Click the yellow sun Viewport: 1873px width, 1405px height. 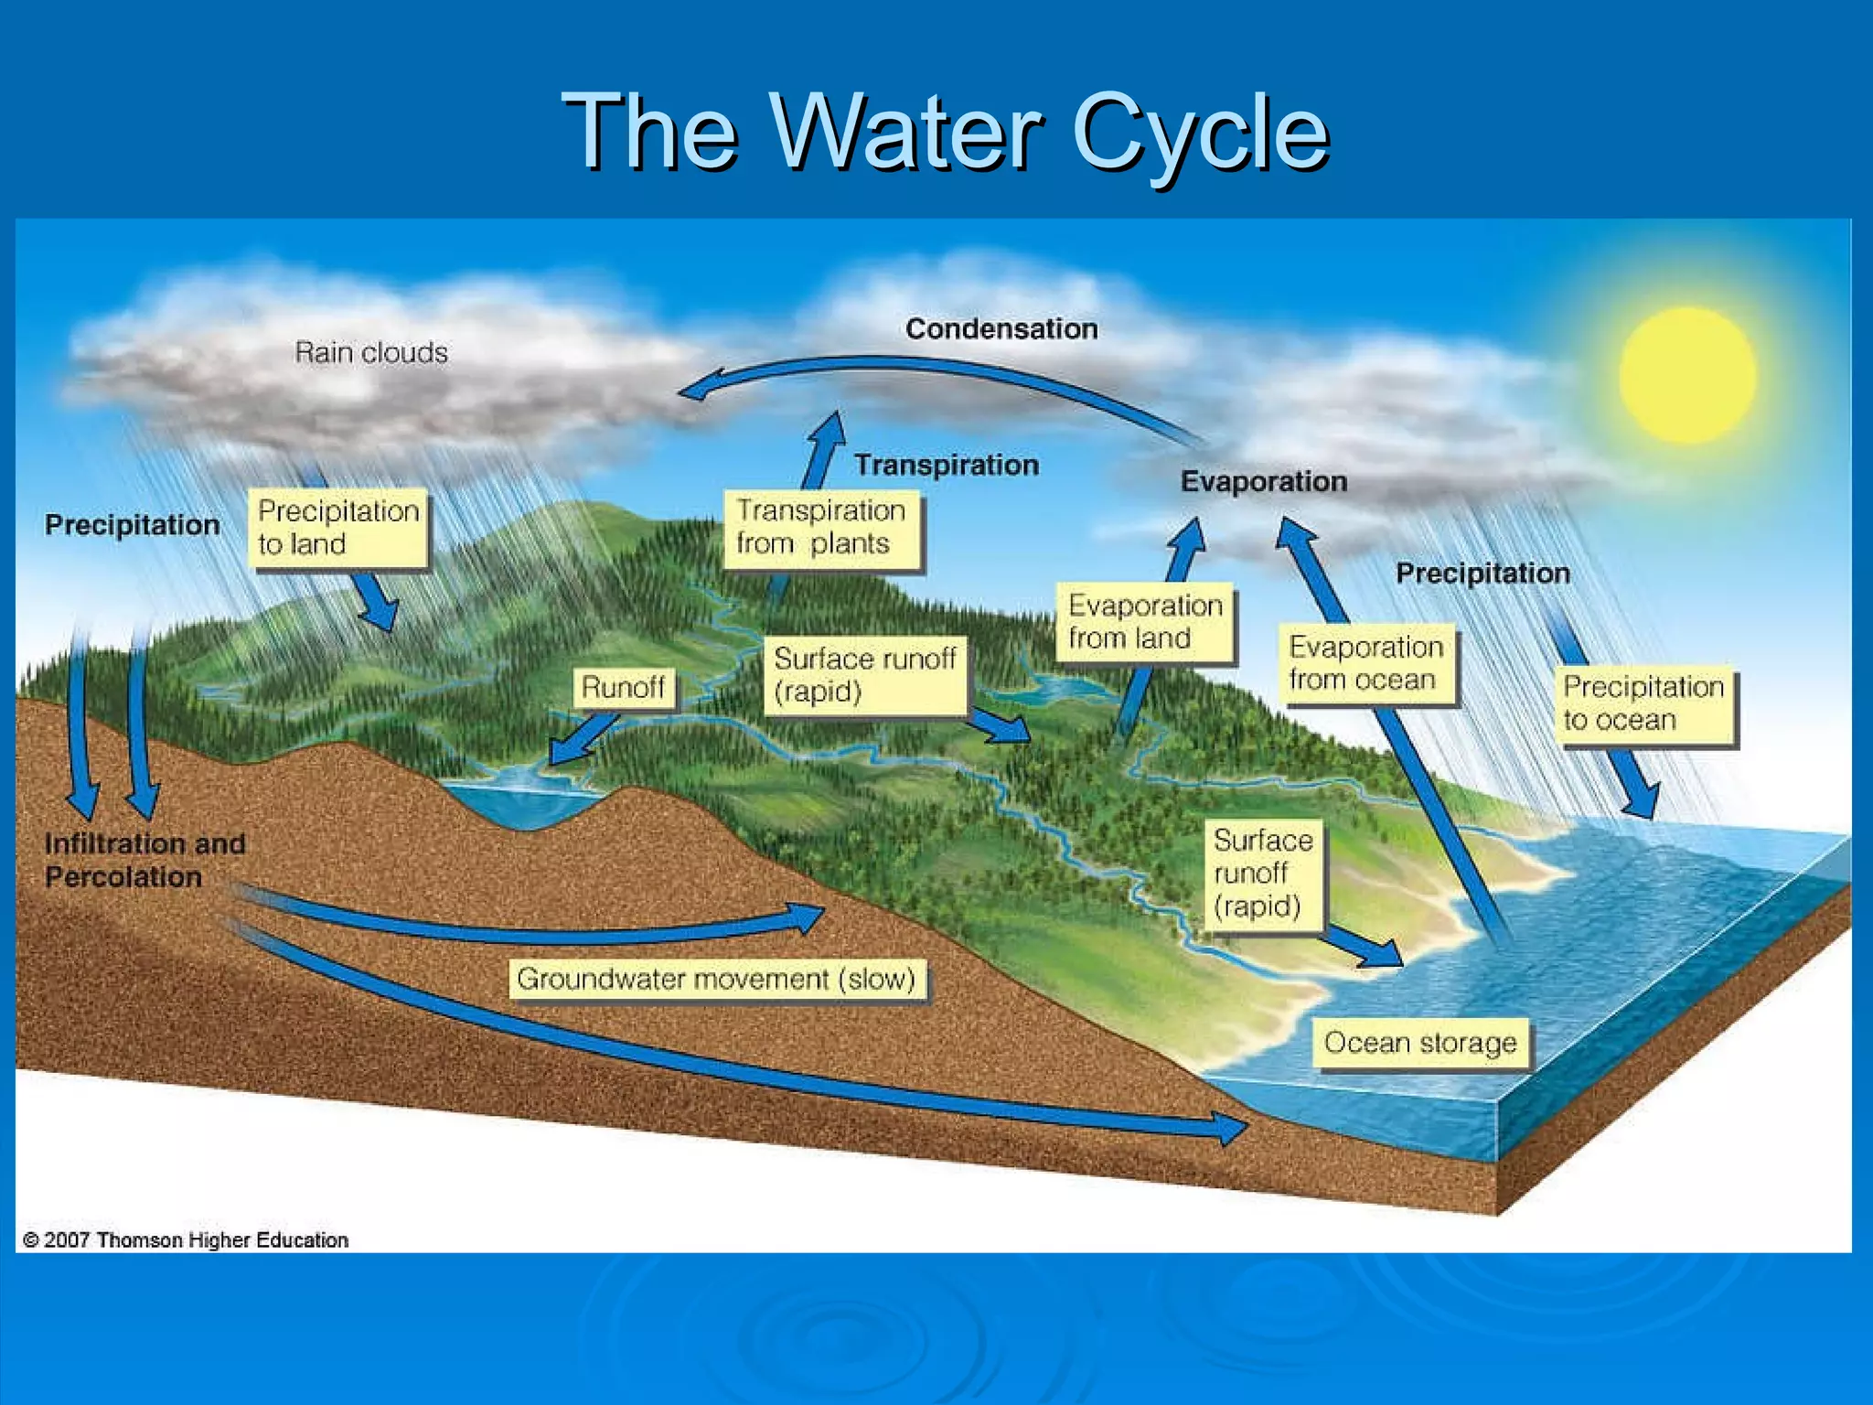(1687, 375)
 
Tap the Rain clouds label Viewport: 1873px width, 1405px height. (371, 352)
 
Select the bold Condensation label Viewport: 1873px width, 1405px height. (1001, 328)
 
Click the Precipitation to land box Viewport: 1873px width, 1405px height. (338, 528)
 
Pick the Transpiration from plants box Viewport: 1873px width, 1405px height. (821, 528)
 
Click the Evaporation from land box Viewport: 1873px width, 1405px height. (1144, 622)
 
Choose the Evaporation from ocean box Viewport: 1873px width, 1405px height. (1366, 664)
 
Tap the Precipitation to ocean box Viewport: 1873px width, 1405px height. (1643, 703)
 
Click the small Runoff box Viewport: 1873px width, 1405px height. (624, 687)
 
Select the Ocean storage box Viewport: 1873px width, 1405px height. (1420, 1043)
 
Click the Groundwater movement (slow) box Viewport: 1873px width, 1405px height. (716, 980)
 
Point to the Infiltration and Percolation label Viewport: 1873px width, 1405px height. (144, 860)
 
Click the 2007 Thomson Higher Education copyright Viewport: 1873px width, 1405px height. (186, 1240)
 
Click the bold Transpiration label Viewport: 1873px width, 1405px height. (947, 465)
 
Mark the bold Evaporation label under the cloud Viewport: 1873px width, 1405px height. (1263, 481)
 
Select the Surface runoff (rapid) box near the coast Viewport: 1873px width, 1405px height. (1262, 874)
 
